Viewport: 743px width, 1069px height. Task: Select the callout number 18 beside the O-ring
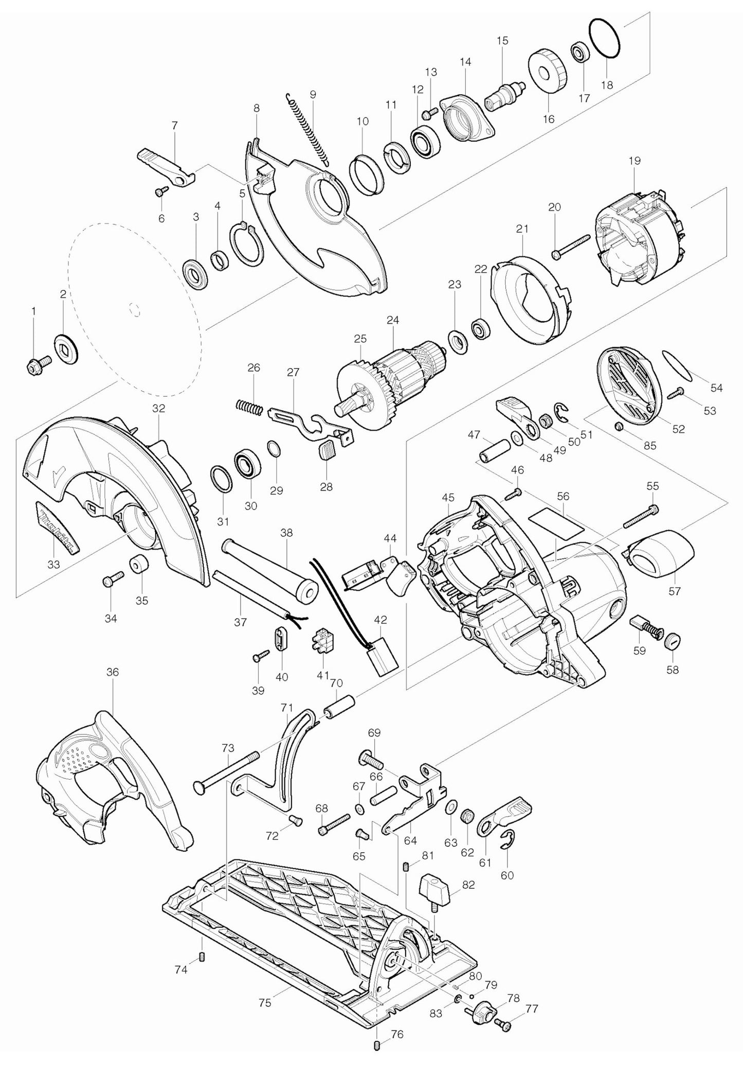(607, 85)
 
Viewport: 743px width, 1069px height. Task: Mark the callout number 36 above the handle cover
(113, 672)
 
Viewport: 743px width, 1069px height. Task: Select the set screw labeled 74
(202, 957)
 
